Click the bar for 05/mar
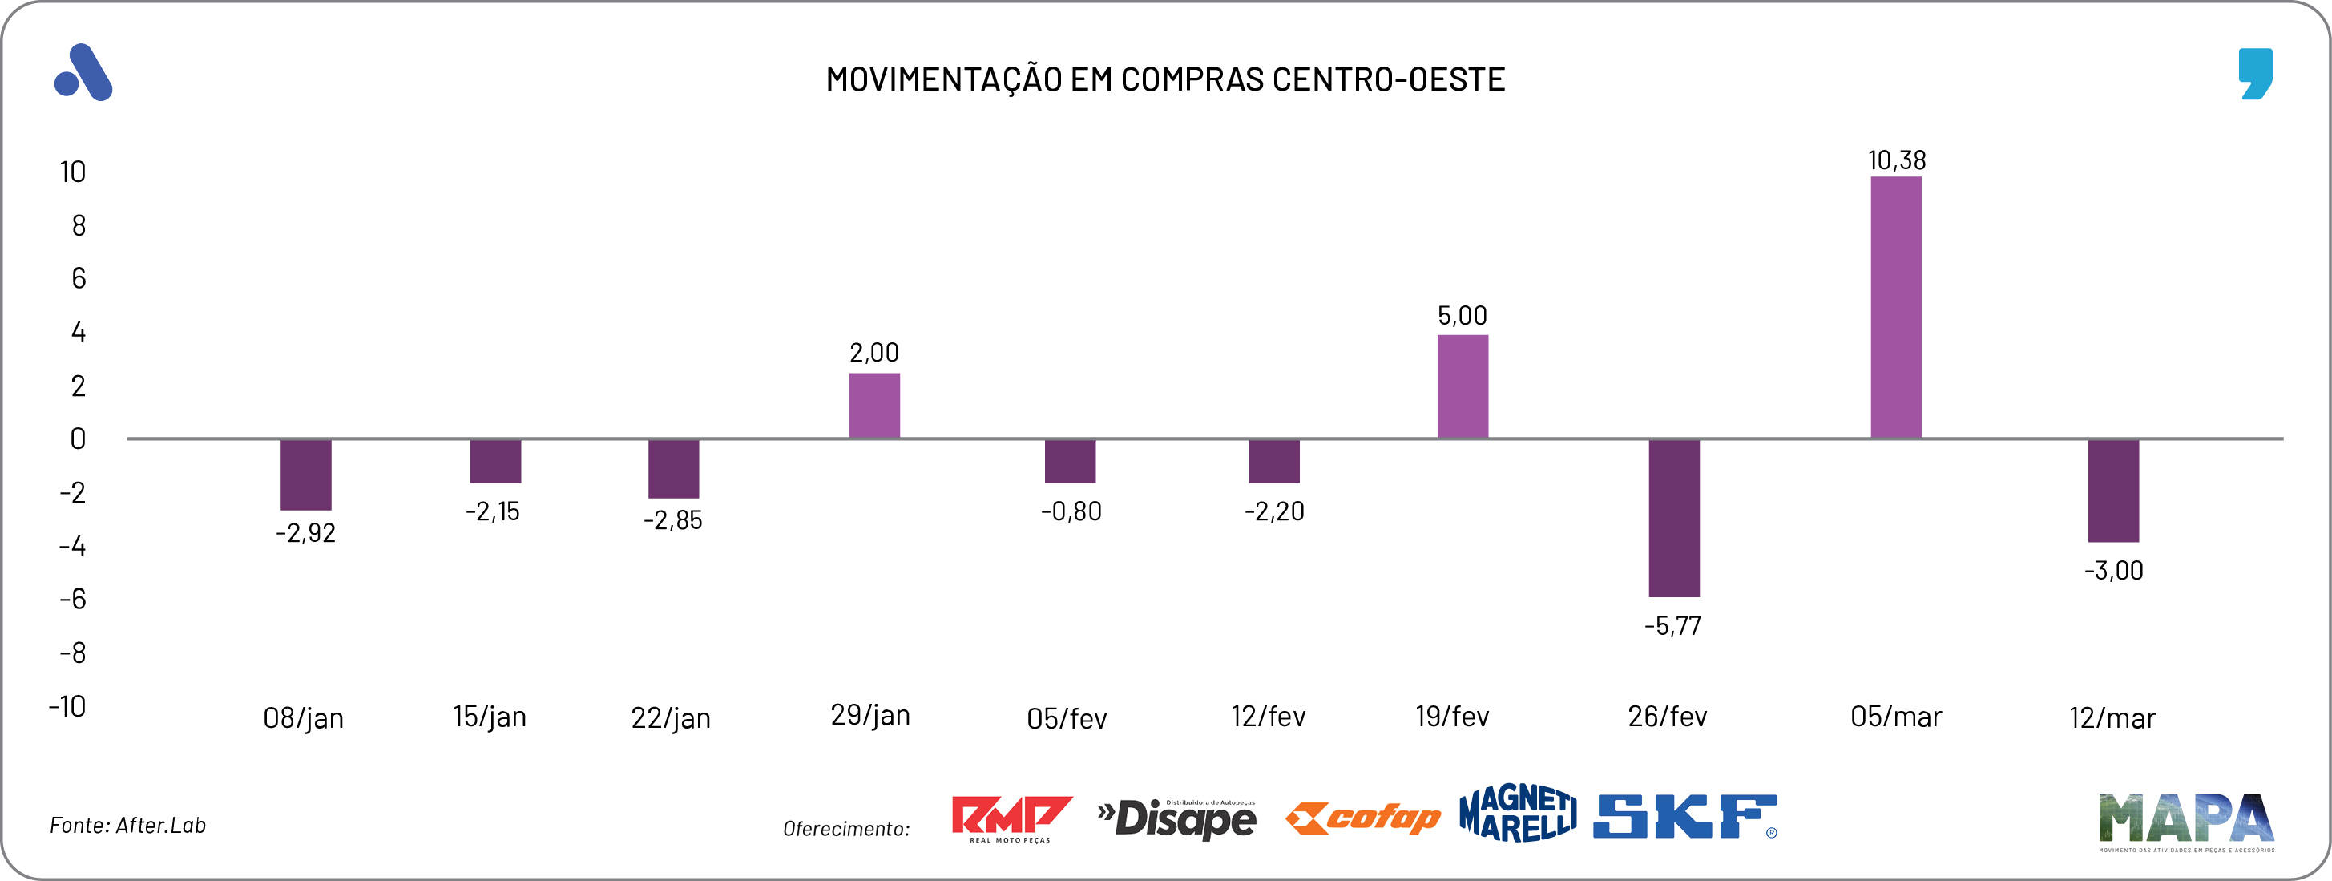pos(1896,308)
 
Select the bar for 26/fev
pos(1673,518)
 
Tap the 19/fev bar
pos(1462,386)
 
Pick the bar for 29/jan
pos(873,406)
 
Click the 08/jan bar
pos(306,475)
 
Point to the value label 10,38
pos(1897,160)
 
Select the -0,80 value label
pos(1071,511)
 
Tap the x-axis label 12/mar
pos(2112,718)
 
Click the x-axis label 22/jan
pos(670,718)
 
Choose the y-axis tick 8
pos(79,225)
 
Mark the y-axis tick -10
pos(68,706)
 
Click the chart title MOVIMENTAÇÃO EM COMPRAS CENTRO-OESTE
pos(1165,79)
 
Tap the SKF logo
pos(1684,816)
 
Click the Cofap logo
pos(1362,818)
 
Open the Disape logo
pos(1177,818)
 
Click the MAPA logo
pos(2185,820)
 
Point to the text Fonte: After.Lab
pos(127,825)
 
